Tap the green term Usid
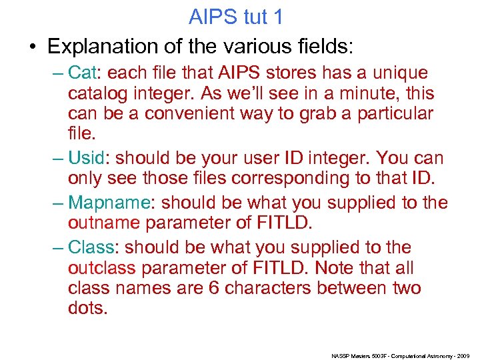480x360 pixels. (x=87, y=159)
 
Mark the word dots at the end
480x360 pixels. (x=87, y=309)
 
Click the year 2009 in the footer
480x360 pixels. (x=465, y=357)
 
